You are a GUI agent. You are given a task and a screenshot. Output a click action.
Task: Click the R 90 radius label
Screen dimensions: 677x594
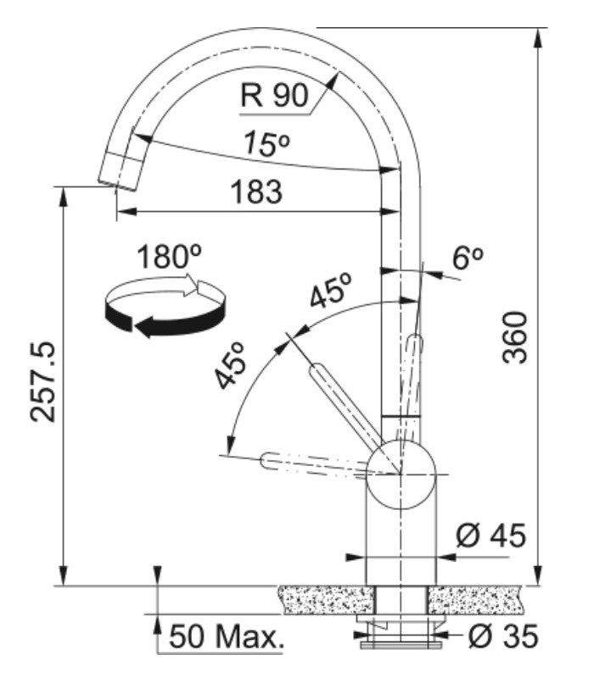pos(273,96)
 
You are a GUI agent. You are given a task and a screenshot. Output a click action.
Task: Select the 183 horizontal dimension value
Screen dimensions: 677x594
pos(255,192)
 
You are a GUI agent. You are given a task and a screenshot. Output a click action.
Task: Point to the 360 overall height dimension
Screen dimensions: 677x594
pos(514,337)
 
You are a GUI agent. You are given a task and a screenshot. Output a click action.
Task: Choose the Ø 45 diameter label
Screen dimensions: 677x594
pos(490,535)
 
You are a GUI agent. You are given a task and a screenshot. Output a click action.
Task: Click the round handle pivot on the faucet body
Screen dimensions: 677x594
pos(401,474)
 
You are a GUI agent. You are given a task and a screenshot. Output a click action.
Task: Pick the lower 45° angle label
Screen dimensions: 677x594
pos(229,365)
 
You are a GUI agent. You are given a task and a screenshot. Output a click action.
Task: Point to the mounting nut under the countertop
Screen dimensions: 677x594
pos(401,630)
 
